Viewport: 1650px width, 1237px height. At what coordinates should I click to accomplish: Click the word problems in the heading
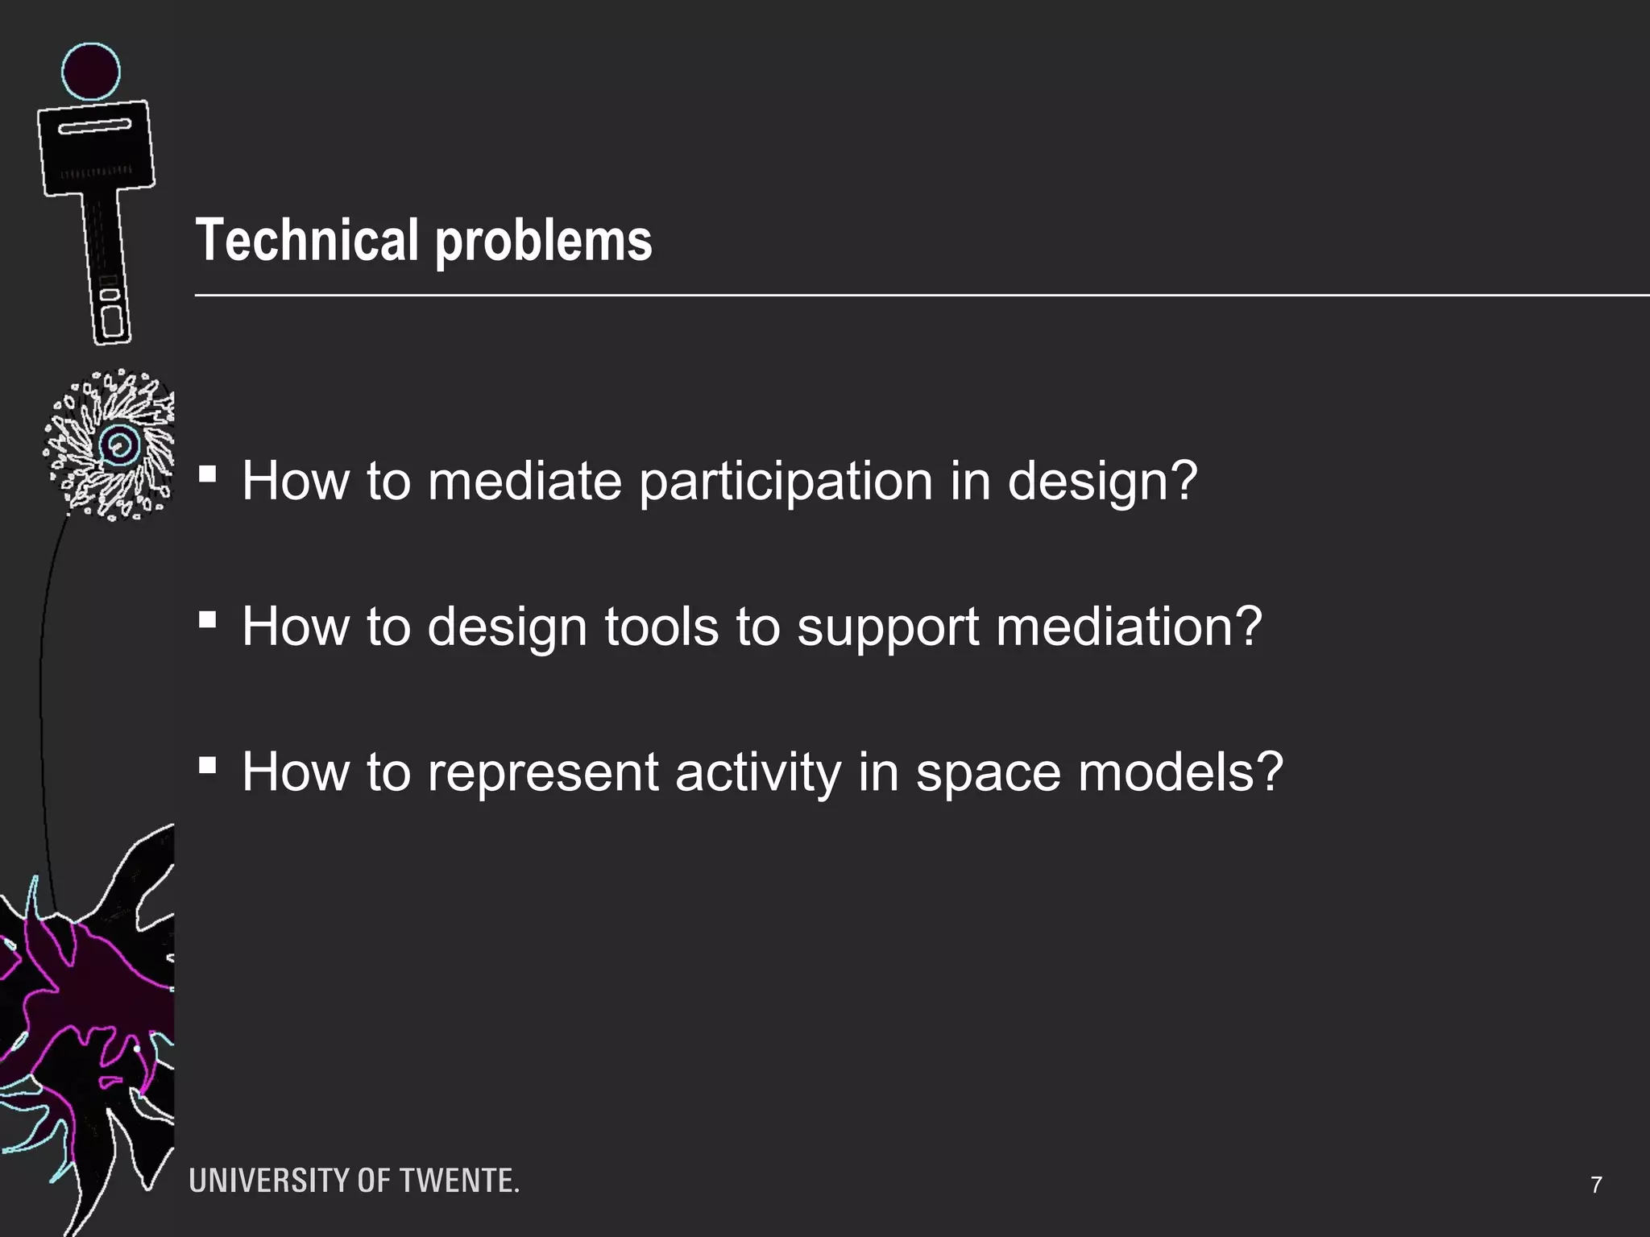point(544,242)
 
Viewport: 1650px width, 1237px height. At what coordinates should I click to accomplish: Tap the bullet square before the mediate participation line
point(208,474)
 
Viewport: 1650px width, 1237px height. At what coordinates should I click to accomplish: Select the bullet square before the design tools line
point(208,619)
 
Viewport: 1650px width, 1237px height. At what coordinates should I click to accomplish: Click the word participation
point(785,482)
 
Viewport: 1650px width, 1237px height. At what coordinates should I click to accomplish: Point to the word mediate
point(524,481)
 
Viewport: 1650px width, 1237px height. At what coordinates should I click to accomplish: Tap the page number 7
point(1596,1185)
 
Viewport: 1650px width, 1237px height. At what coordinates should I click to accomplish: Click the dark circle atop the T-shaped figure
point(91,71)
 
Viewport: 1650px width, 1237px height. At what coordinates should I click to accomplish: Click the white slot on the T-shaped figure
point(94,127)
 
